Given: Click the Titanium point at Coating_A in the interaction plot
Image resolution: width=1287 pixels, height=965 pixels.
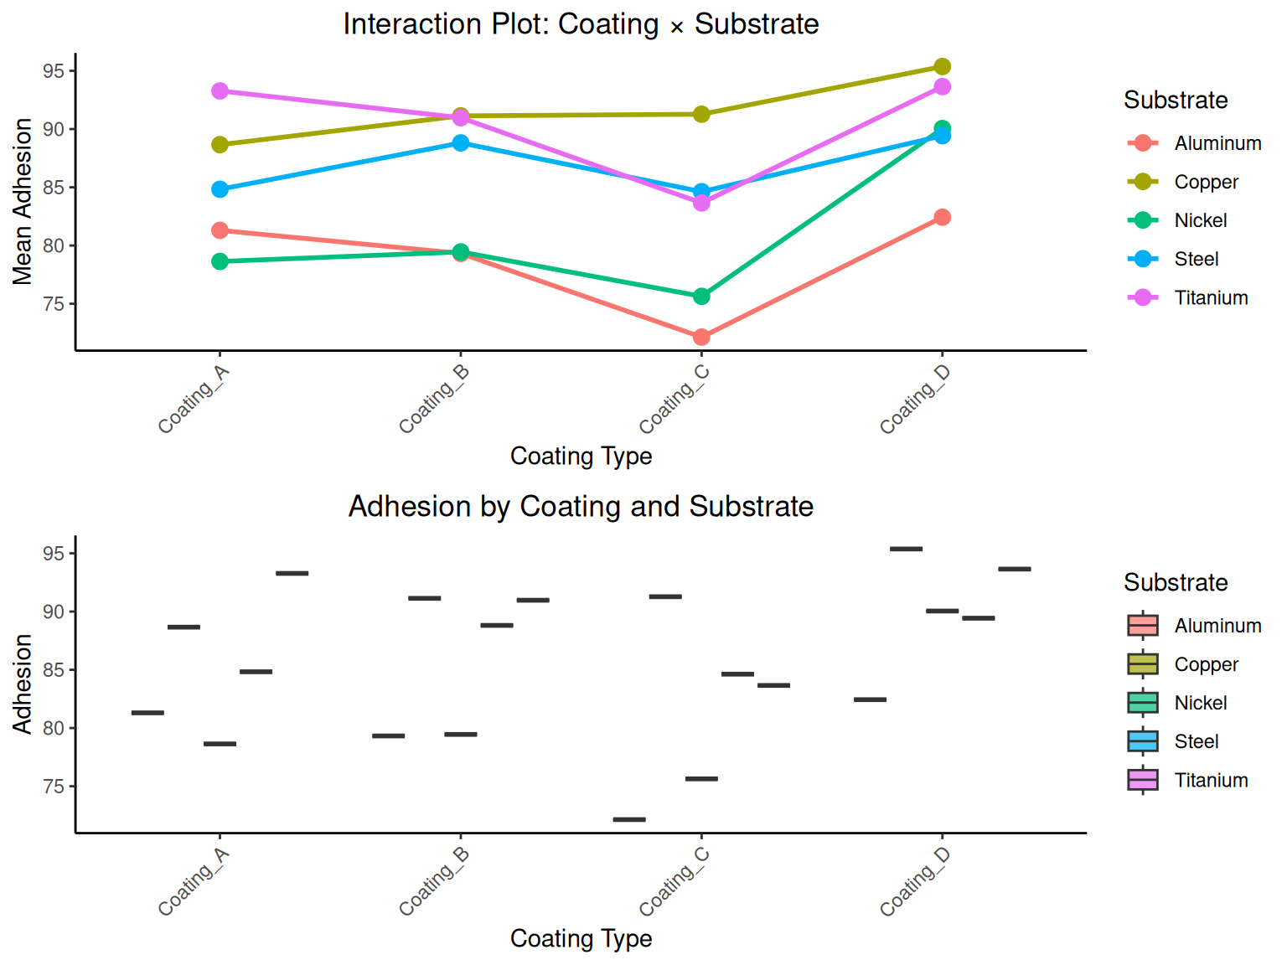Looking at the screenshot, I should pyautogui.click(x=220, y=90).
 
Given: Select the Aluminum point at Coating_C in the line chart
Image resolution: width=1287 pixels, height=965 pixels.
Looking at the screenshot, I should pyautogui.click(x=701, y=337).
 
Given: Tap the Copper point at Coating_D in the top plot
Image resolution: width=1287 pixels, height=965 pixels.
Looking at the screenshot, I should pyautogui.click(x=942, y=66).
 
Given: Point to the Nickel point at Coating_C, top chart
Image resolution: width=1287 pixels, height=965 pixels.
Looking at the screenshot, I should pyautogui.click(x=701, y=297).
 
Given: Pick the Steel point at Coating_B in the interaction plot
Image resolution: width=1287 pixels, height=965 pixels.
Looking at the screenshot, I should pyautogui.click(x=461, y=142).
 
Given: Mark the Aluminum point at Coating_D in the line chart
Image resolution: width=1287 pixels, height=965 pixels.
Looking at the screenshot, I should pyautogui.click(x=942, y=217).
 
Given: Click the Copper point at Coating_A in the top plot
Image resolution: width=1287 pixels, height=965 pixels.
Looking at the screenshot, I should pyautogui.click(x=220, y=145).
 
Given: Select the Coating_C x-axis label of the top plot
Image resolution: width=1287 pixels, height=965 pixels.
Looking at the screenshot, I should pyautogui.click(x=675, y=400).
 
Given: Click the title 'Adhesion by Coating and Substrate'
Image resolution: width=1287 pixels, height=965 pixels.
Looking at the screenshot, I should pyautogui.click(x=581, y=507).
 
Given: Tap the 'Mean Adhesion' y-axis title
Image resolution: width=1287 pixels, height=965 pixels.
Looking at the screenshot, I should pyautogui.click(x=23, y=201).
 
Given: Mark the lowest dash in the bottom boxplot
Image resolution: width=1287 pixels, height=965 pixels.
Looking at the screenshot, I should pyautogui.click(x=629, y=819).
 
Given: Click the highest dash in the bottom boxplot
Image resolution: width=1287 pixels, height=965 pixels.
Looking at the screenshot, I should pyautogui.click(x=906, y=549).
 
